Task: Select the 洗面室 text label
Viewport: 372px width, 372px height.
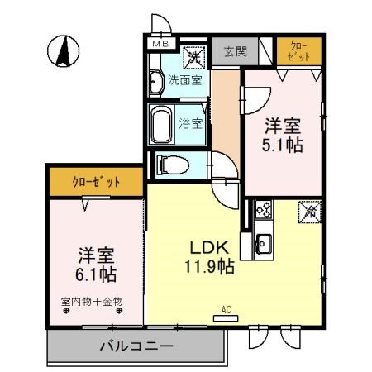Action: tap(184, 80)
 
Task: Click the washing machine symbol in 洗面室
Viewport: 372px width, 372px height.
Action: tap(193, 58)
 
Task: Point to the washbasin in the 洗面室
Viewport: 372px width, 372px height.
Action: tap(156, 81)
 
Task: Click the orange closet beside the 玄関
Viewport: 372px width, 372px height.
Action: tap(298, 51)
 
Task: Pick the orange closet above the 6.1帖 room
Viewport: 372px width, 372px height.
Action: tap(96, 179)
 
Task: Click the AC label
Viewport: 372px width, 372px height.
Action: tap(225, 310)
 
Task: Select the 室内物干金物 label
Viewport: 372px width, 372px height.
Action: tap(92, 303)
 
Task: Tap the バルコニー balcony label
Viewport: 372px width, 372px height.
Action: tap(136, 346)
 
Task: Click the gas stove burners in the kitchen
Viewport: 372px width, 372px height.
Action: tap(264, 211)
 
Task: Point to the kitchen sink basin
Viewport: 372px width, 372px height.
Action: tap(264, 244)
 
